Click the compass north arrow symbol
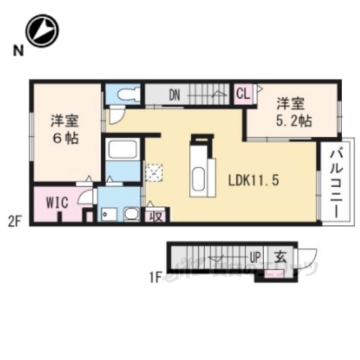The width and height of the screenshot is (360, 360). (42, 31)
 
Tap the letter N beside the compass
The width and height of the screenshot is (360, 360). (15, 51)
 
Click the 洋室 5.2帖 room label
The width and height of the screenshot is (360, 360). (292, 112)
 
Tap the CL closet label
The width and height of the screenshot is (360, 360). (243, 94)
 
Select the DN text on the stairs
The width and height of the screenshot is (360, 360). (174, 94)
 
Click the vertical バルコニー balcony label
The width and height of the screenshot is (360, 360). (334, 181)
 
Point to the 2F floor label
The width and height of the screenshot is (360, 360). (15, 220)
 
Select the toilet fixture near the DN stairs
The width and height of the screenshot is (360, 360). (124, 94)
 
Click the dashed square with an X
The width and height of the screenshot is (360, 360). (154, 172)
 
